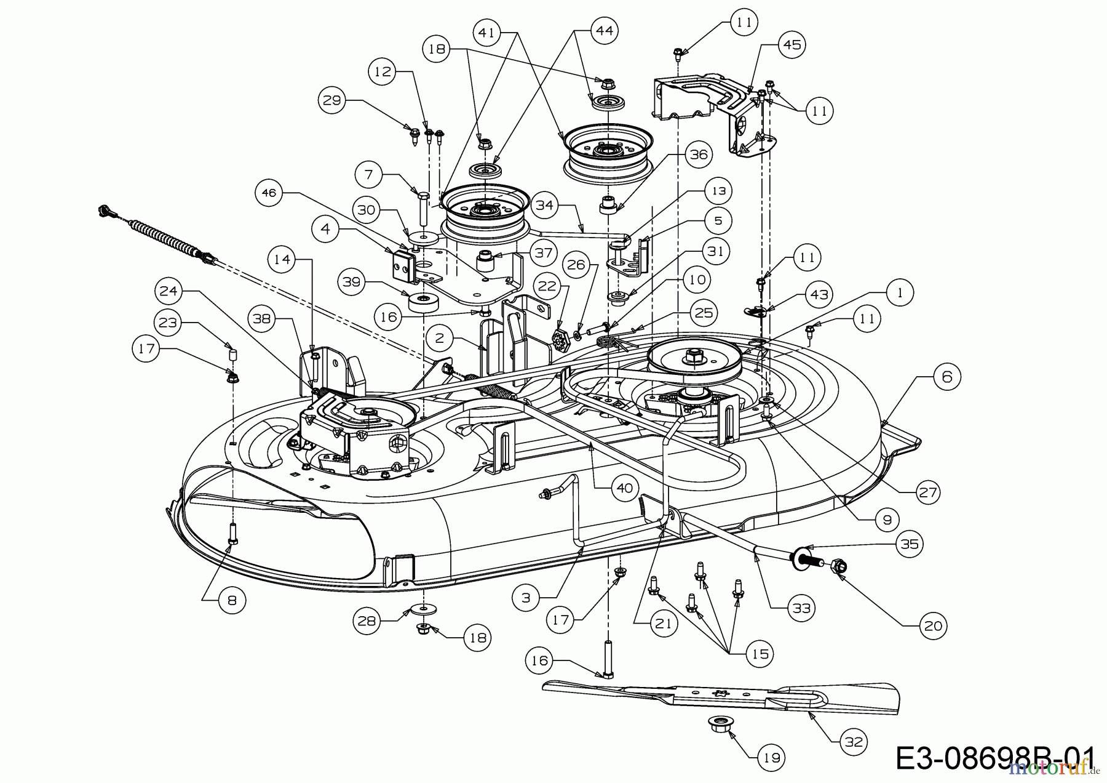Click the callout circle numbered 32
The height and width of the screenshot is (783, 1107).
[x=854, y=742]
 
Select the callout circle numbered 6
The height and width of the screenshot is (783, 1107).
[x=946, y=376]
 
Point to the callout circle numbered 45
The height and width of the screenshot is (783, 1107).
[x=792, y=45]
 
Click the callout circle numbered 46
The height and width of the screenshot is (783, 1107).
[x=269, y=193]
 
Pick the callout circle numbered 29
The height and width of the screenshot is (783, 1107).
[x=332, y=100]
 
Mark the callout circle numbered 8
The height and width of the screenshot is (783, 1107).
[x=232, y=600]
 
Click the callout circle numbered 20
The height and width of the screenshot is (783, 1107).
[x=933, y=626]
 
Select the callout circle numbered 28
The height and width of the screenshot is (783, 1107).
[x=367, y=620]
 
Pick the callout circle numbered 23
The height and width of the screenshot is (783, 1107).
[x=169, y=323]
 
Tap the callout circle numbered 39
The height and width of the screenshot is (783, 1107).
[x=352, y=283]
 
